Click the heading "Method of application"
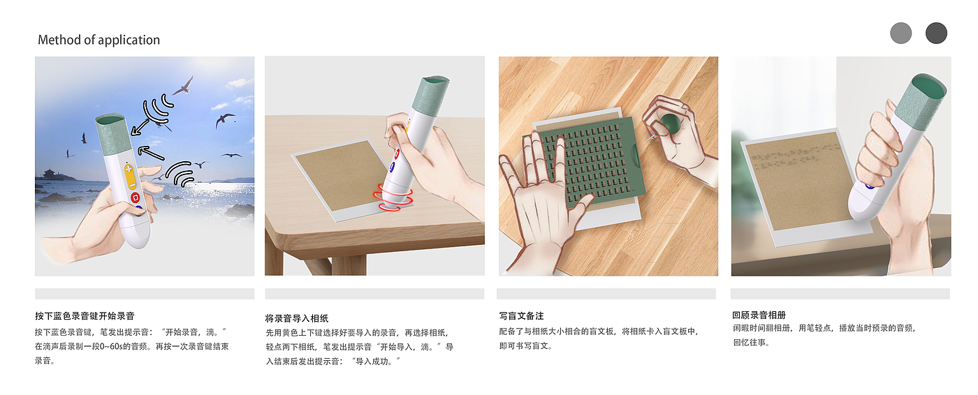pyautogui.click(x=98, y=40)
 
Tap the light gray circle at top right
pyautogui.click(x=900, y=33)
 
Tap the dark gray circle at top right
pyautogui.click(x=936, y=33)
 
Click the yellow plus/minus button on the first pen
pyautogui.click(x=130, y=176)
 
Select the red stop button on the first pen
pyautogui.click(x=135, y=197)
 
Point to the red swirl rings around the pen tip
pyautogui.click(x=392, y=198)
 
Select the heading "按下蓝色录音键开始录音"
pyautogui.click(x=85, y=315)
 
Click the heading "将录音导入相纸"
pyautogui.click(x=296, y=318)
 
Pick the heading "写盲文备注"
pyautogui.click(x=521, y=315)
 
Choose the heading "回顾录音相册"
pyautogui.click(x=759, y=315)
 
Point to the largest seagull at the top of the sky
pyautogui.click(x=183, y=86)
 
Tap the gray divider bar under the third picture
pyautogui.click(x=606, y=293)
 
